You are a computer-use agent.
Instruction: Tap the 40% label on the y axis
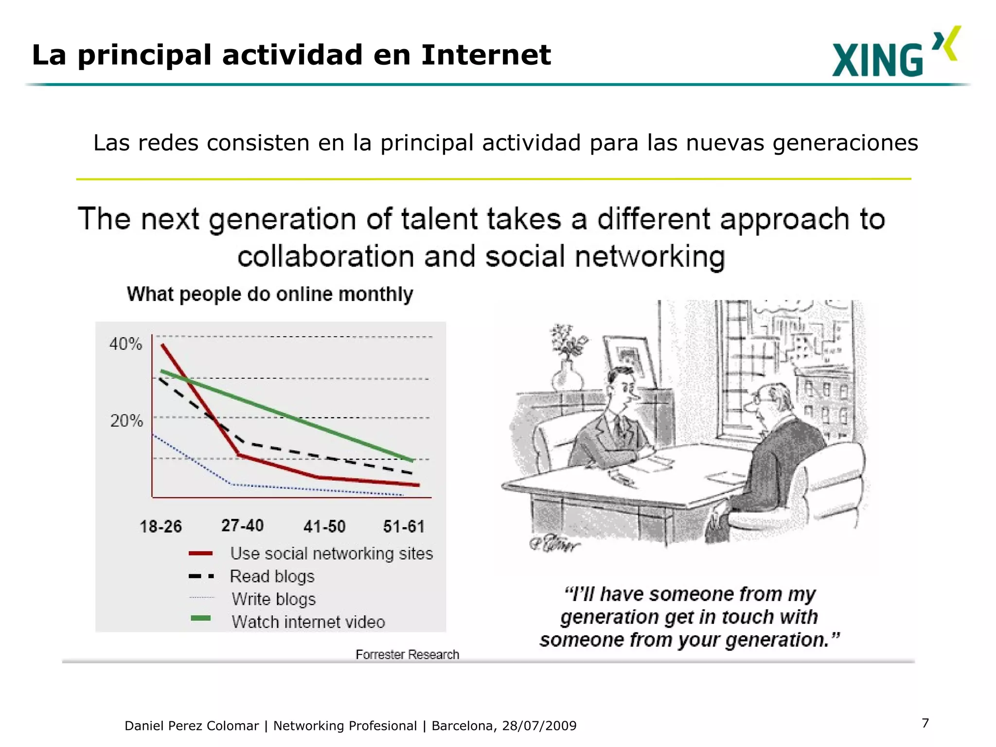tap(125, 344)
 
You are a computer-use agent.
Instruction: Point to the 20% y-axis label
tap(126, 421)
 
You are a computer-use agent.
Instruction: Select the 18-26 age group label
tap(160, 526)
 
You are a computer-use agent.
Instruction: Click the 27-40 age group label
tap(242, 525)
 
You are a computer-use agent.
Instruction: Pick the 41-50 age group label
tap(324, 526)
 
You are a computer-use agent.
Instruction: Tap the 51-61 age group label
tap(404, 526)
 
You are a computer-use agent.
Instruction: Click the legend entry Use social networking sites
tap(331, 553)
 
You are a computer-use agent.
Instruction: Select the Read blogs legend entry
tap(272, 576)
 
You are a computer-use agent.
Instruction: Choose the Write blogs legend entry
tap(273, 599)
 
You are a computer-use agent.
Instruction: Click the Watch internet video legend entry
tap(308, 622)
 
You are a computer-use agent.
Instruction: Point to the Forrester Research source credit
tap(407, 655)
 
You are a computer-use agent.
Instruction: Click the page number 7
tap(925, 723)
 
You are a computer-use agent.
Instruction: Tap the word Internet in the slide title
tap(486, 54)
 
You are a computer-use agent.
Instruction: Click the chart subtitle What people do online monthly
tap(270, 294)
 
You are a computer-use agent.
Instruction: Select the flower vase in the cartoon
tap(568, 360)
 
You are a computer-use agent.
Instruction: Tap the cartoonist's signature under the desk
tap(554, 543)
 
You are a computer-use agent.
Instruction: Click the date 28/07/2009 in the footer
tap(539, 726)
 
